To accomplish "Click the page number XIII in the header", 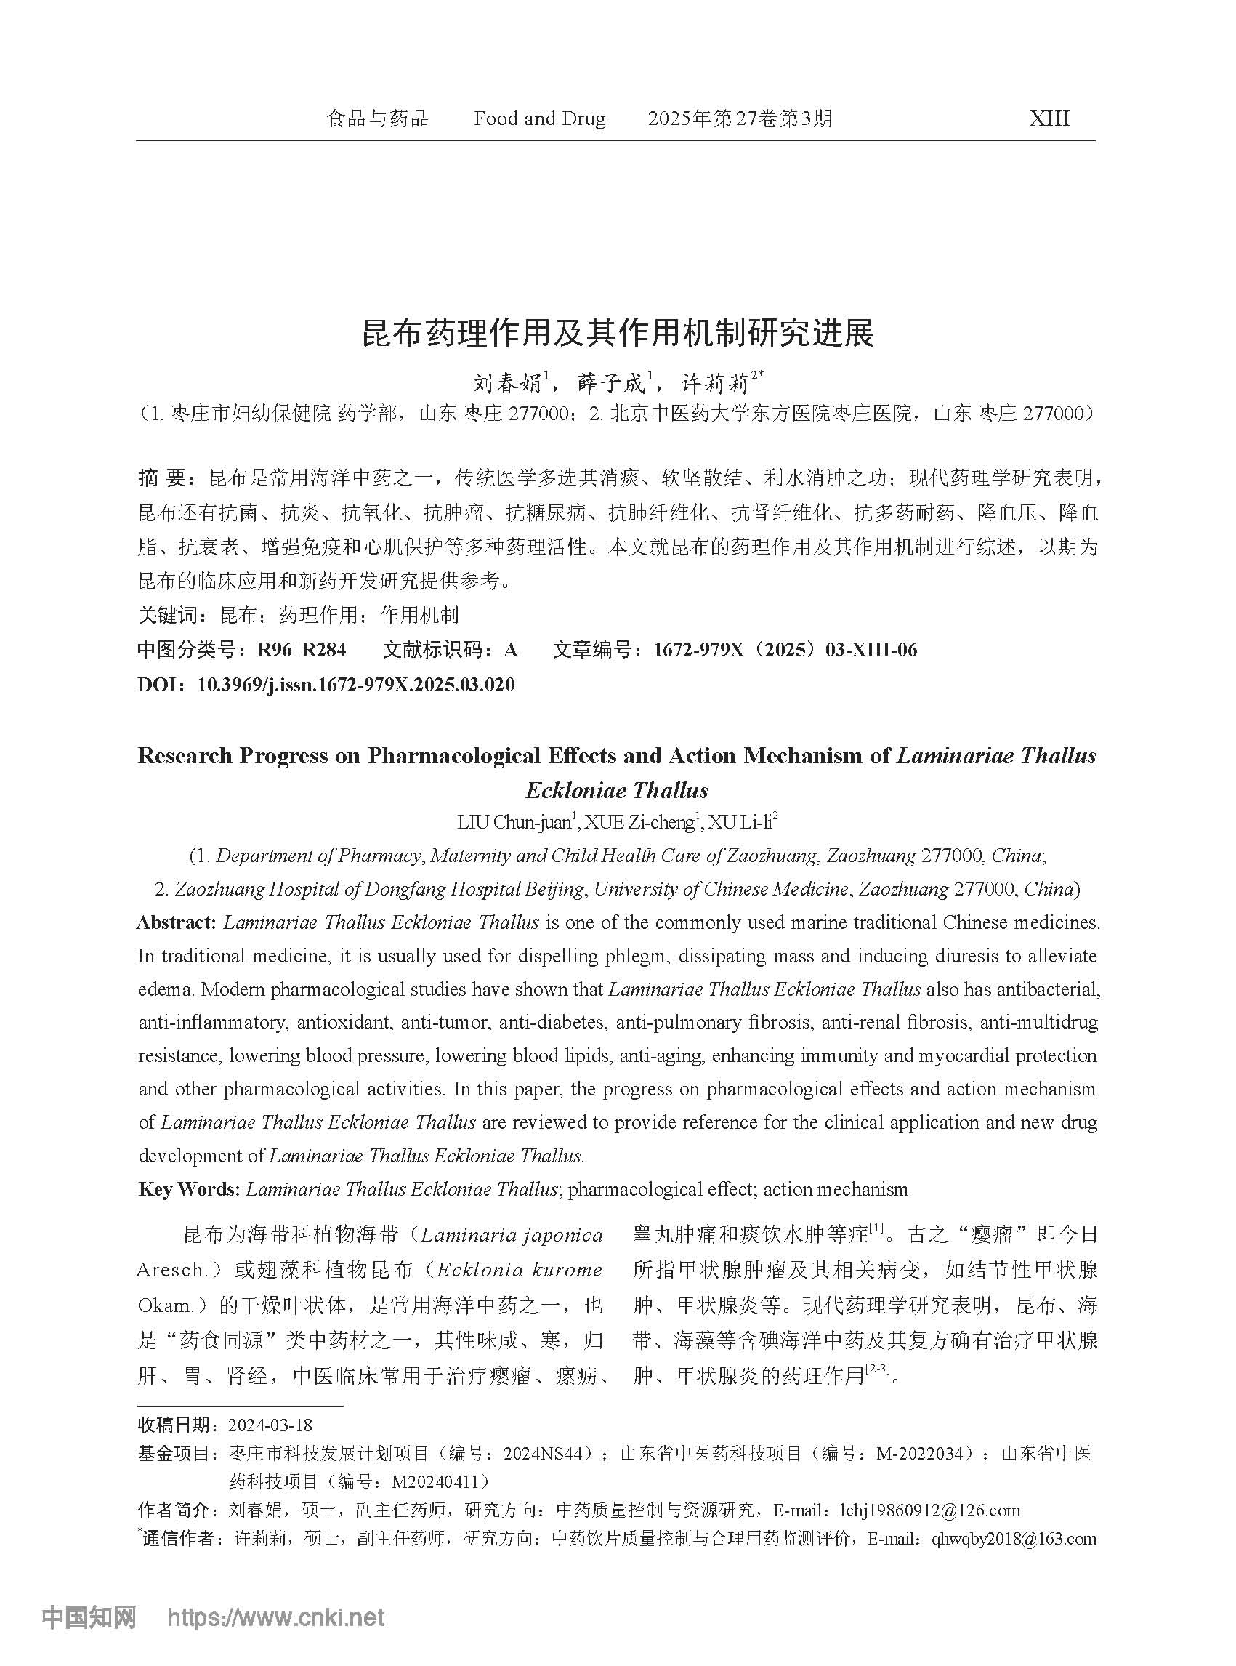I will point(1049,119).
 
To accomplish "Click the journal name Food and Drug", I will point(539,119).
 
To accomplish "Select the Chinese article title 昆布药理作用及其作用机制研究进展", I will point(617,334).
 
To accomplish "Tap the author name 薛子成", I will point(611,384).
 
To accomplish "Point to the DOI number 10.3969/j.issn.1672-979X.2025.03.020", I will point(355,684).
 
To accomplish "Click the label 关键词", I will point(168,615).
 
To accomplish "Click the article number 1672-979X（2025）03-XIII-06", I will point(785,650).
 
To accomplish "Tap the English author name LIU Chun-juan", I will point(514,823).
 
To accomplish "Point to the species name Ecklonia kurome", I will point(520,1270).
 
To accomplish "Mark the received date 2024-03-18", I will point(270,1425).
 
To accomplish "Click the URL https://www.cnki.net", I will point(275,1617).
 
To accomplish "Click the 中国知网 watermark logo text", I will point(89,1617).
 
